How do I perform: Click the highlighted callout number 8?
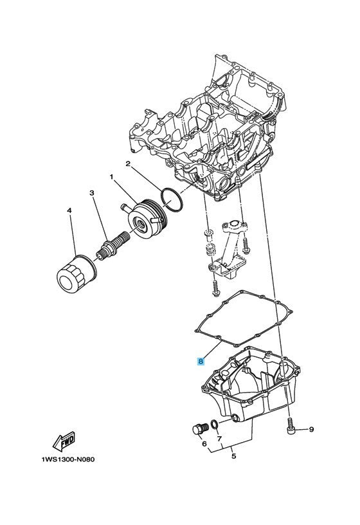click(x=201, y=361)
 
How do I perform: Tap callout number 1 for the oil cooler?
click(x=112, y=176)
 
